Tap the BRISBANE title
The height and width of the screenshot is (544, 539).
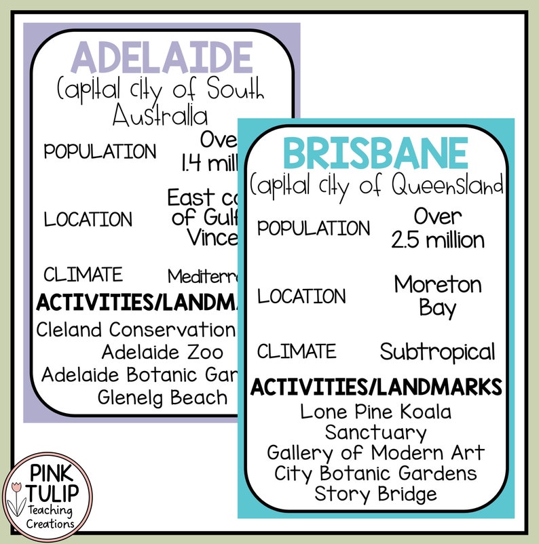(x=375, y=153)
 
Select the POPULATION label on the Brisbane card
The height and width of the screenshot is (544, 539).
(x=314, y=228)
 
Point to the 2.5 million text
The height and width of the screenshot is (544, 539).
(x=438, y=240)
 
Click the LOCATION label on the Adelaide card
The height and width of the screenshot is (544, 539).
(x=88, y=219)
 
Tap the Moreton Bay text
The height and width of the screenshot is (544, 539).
(x=438, y=296)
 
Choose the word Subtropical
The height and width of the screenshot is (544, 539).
(x=437, y=351)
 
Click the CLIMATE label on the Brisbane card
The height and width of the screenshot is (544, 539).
(x=297, y=351)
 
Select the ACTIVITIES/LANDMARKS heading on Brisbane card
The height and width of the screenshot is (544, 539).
(x=376, y=387)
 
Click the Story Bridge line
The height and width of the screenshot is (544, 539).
(x=375, y=493)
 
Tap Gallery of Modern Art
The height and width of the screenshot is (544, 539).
(x=375, y=452)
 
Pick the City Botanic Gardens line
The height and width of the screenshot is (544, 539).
(x=375, y=473)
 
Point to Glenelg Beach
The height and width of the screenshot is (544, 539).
(x=162, y=397)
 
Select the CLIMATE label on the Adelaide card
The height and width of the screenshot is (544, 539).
(x=83, y=275)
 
